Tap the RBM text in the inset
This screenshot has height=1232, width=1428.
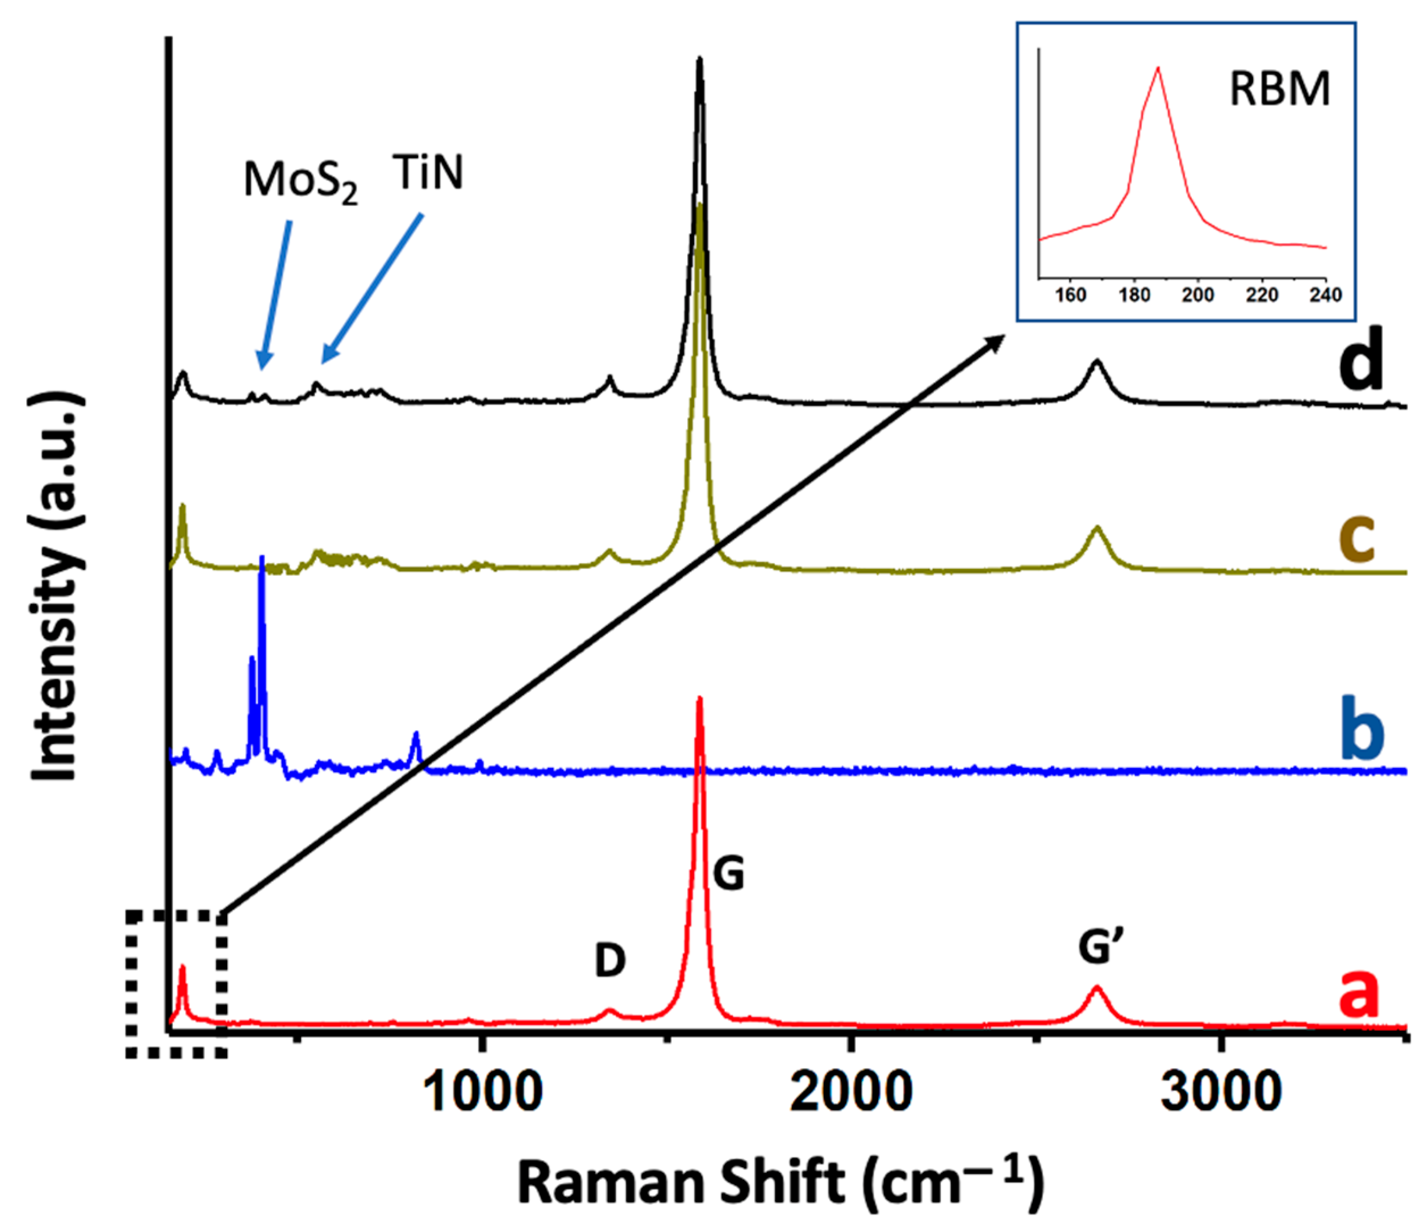1279,90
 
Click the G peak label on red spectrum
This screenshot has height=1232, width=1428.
728,874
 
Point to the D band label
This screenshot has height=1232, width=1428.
610,960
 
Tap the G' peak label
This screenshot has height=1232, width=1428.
1101,947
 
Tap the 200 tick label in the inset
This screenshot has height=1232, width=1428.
1198,295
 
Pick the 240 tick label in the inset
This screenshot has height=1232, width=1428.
1325,295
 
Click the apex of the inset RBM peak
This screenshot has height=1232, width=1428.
1158,68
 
